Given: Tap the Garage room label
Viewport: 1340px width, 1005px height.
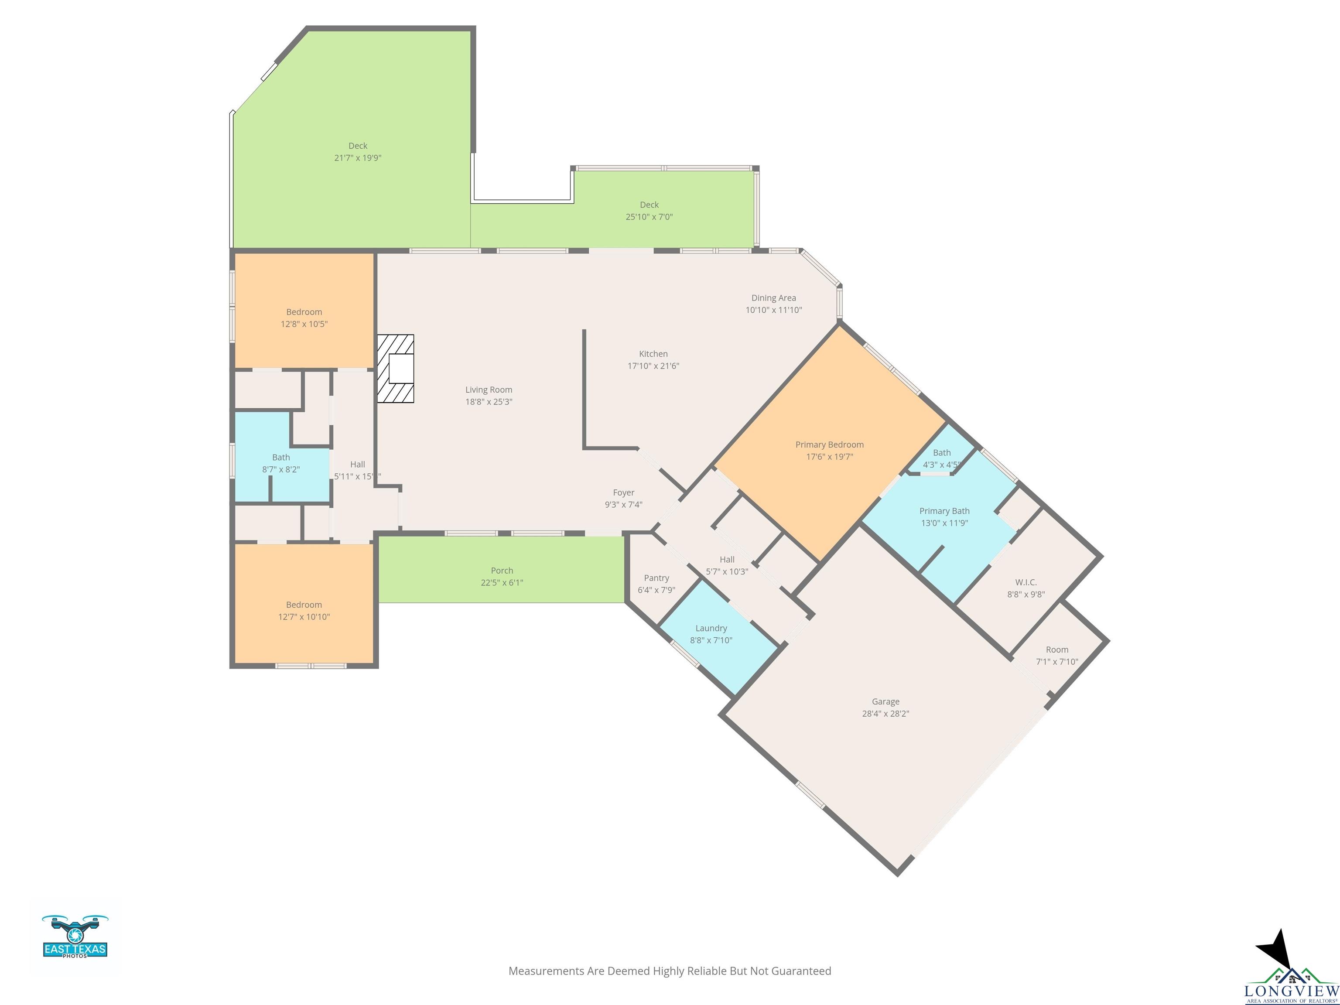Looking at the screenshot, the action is pos(885,701).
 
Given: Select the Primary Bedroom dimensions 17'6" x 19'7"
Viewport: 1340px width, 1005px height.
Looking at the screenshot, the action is pos(829,457).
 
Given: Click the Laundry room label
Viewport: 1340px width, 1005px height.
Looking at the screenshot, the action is pos(711,628).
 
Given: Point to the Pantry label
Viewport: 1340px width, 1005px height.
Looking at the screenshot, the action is pos(656,578).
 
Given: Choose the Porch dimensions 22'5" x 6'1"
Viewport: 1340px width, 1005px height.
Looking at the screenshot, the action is pos(502,583).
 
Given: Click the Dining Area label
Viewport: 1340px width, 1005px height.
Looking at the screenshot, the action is pos(773,297).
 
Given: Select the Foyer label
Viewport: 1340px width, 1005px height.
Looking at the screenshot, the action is pos(623,492).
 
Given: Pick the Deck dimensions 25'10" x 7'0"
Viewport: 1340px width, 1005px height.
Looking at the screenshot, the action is pos(649,217).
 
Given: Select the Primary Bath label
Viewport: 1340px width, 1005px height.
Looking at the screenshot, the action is pos(944,511).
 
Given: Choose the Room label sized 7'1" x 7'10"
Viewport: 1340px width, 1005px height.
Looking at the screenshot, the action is pos(1057,649).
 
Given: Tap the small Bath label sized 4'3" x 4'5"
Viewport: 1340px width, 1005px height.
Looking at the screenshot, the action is pos(942,452).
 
